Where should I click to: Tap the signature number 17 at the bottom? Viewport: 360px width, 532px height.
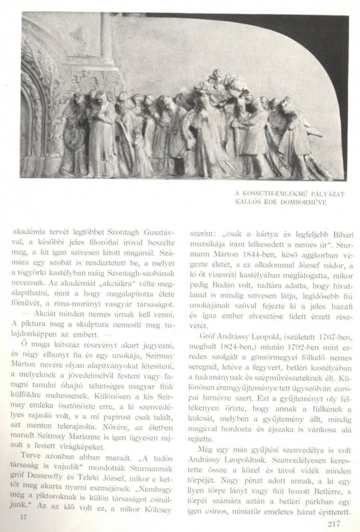tap(23, 517)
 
